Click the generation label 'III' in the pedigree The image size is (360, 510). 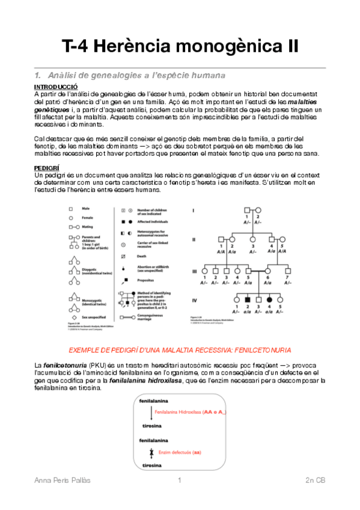pyautogui.click(x=194, y=272)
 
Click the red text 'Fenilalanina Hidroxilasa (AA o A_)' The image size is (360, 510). pyautogui.click(x=185, y=413)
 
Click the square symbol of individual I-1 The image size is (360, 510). pyautogui.click(x=246, y=211)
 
